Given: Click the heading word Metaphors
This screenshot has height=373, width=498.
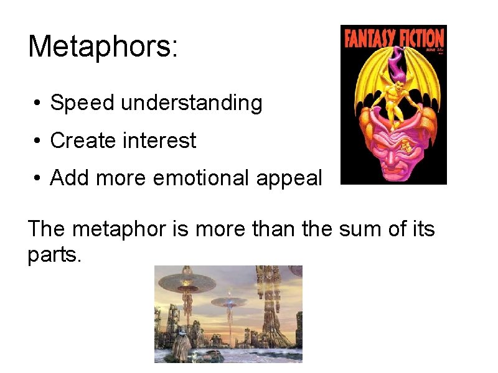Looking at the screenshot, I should (x=103, y=47).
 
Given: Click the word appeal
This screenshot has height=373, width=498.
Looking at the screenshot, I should (x=293, y=178).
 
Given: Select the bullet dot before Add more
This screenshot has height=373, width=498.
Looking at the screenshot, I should (x=39, y=179).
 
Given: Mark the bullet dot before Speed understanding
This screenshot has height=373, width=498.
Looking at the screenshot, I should (x=39, y=103).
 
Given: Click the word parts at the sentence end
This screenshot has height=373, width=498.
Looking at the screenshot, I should (x=54, y=255).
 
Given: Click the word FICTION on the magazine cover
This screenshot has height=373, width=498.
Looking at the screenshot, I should (x=420, y=38).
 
